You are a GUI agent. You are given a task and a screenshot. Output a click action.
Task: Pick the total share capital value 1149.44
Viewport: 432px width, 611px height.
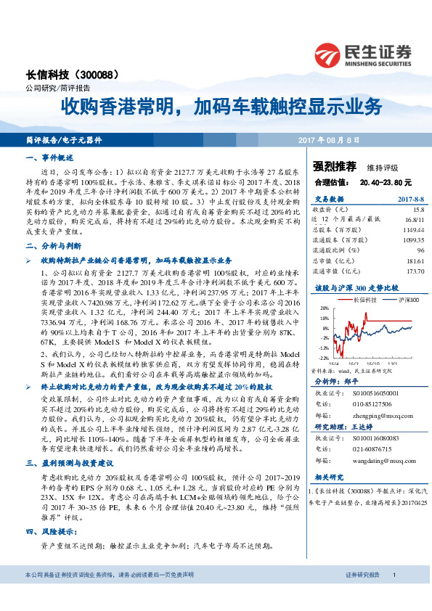[x=413, y=228]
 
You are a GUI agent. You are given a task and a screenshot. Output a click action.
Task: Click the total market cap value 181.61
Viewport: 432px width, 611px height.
[x=414, y=259]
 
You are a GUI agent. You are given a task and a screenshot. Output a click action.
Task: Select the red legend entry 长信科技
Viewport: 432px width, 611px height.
[x=361, y=298]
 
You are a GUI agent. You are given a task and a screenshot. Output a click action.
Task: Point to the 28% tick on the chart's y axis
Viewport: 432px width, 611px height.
[x=325, y=308]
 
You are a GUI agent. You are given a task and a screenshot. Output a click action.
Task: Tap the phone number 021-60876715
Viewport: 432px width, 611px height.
[x=375, y=449]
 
